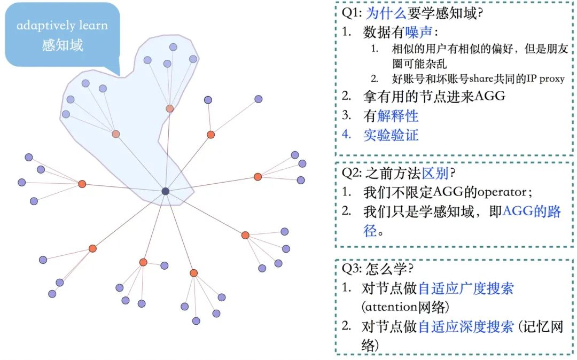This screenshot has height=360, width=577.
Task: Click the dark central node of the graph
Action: coord(166,191)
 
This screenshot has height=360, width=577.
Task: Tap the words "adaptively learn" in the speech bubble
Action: coord(62,25)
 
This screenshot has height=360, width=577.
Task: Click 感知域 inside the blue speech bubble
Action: coord(63,45)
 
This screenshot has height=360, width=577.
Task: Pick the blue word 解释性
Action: coord(398,115)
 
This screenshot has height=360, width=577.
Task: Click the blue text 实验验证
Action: coord(391,135)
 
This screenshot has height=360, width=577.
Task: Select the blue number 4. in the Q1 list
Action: coord(347,135)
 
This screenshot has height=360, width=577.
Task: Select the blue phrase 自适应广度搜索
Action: coord(466,288)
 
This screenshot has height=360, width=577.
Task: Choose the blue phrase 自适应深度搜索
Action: coord(466,326)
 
